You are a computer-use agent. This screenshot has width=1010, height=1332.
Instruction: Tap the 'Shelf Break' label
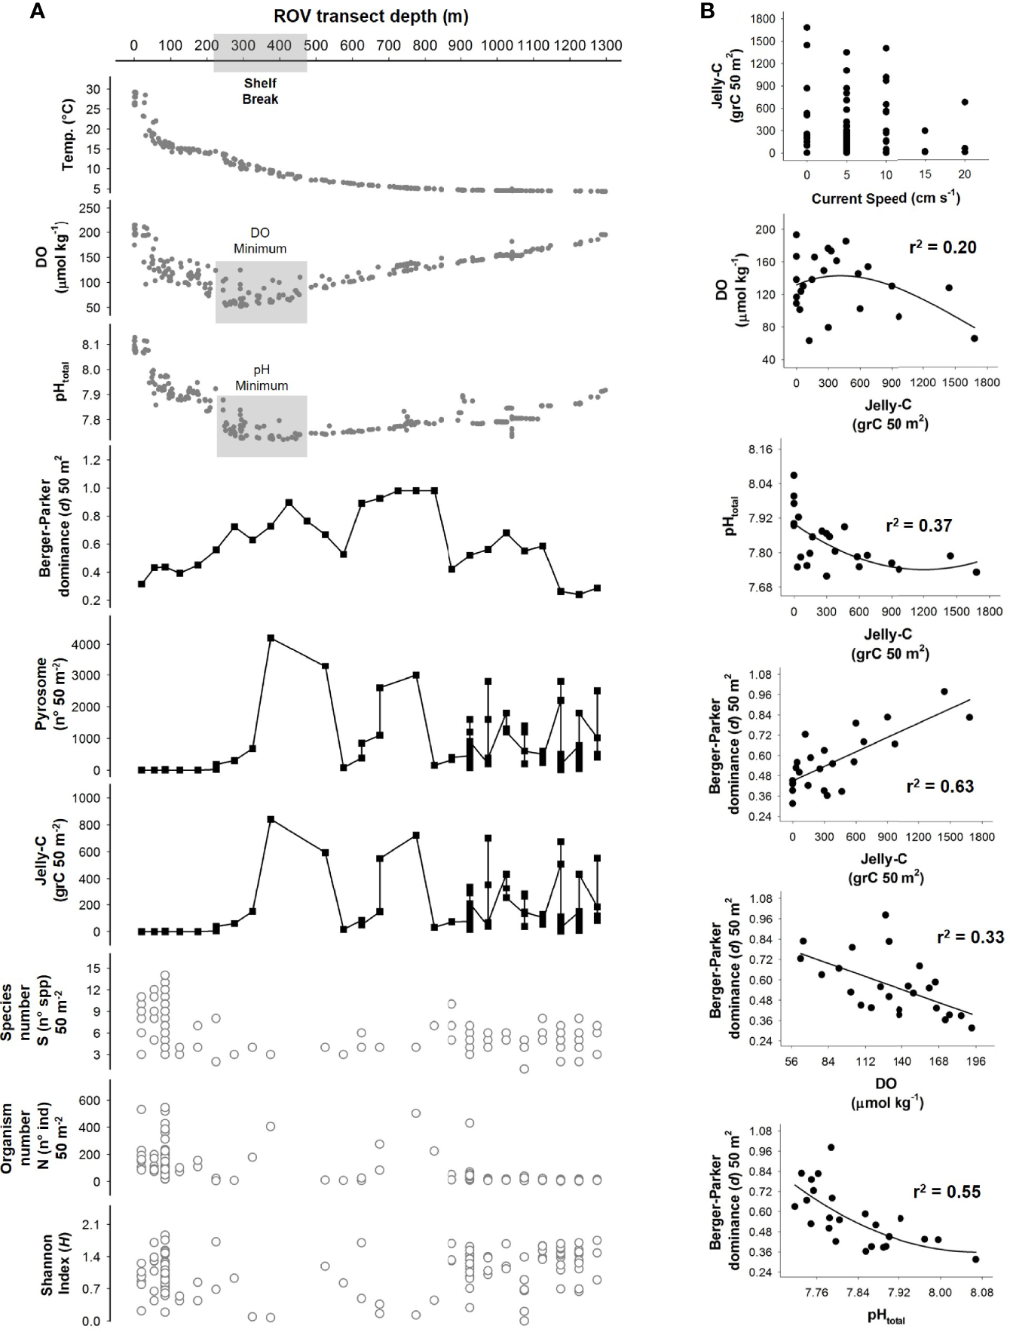(x=260, y=91)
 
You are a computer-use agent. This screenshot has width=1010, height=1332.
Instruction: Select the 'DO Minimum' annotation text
(x=259, y=241)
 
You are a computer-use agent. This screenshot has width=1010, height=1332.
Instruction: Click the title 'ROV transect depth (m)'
(x=371, y=17)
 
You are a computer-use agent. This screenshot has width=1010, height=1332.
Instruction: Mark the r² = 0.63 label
(x=940, y=786)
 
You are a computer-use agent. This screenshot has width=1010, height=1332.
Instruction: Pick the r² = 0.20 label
(x=942, y=247)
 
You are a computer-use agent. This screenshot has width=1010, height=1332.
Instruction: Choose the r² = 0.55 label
(x=947, y=1192)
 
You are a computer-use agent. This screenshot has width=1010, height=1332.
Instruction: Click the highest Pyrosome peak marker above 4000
(x=271, y=637)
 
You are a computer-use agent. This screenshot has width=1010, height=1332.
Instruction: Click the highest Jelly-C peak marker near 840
(x=271, y=819)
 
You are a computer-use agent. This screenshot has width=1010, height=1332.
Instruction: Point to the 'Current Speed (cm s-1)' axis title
(x=886, y=198)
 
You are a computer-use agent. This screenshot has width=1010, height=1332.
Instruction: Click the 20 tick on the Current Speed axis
(x=965, y=174)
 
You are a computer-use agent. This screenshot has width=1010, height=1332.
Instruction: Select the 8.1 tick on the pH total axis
(x=90, y=345)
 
